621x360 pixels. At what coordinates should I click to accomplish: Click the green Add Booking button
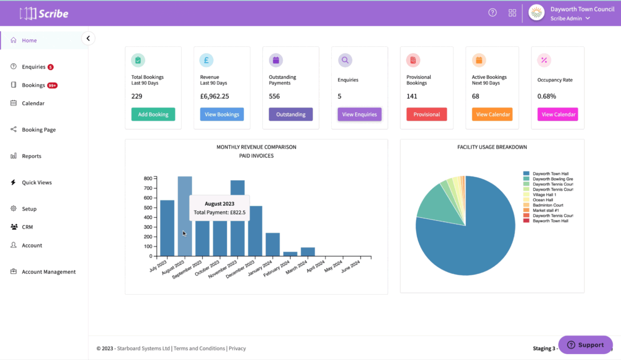pyautogui.click(x=153, y=114)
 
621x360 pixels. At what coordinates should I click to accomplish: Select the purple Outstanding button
pyautogui.click(x=291, y=114)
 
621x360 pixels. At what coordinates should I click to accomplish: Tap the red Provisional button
pyautogui.click(x=426, y=114)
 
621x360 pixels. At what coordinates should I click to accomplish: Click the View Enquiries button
pyautogui.click(x=359, y=114)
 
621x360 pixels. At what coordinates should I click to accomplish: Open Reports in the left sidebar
pyautogui.click(x=31, y=156)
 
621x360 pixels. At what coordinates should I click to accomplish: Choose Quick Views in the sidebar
pyautogui.click(x=36, y=183)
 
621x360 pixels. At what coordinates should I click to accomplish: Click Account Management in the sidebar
pyautogui.click(x=48, y=272)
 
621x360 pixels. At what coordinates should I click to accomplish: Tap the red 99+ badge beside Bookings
pyautogui.click(x=52, y=86)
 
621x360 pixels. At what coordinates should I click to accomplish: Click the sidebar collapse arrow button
pyautogui.click(x=88, y=39)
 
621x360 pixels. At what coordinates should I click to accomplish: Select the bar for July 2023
pyautogui.click(x=167, y=228)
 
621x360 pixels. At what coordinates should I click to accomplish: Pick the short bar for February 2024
pyautogui.click(x=290, y=254)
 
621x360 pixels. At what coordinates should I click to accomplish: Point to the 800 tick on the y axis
pyautogui.click(x=148, y=179)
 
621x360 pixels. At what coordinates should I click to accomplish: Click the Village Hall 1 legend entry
pyautogui.click(x=544, y=195)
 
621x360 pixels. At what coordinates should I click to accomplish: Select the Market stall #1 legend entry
pyautogui.click(x=546, y=210)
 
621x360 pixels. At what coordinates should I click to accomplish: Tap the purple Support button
pyautogui.click(x=585, y=345)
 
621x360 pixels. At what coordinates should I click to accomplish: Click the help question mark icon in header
pyautogui.click(x=492, y=13)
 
